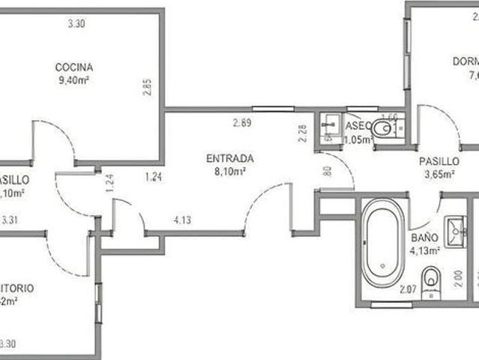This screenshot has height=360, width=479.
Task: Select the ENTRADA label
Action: (230, 159)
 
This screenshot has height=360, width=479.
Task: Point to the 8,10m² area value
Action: (230, 171)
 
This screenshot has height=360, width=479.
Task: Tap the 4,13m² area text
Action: (424, 250)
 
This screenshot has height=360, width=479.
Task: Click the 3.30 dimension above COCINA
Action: (76, 24)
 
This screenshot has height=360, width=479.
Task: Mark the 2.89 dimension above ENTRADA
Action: (241, 123)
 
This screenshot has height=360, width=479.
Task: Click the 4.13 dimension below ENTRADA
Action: (183, 220)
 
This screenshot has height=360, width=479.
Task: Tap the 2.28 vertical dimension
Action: (302, 133)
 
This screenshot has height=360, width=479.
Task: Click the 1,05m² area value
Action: (358, 139)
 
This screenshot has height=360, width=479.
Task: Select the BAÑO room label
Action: (421, 238)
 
